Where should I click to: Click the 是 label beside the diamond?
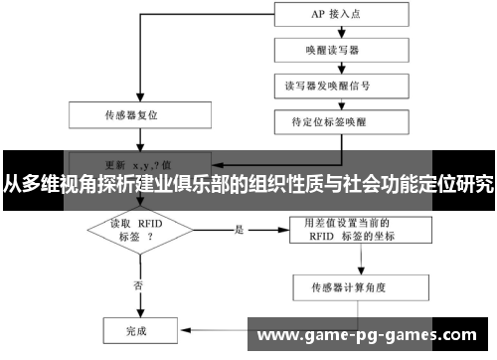(x=240, y=230)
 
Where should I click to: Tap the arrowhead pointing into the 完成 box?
(x=176, y=327)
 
